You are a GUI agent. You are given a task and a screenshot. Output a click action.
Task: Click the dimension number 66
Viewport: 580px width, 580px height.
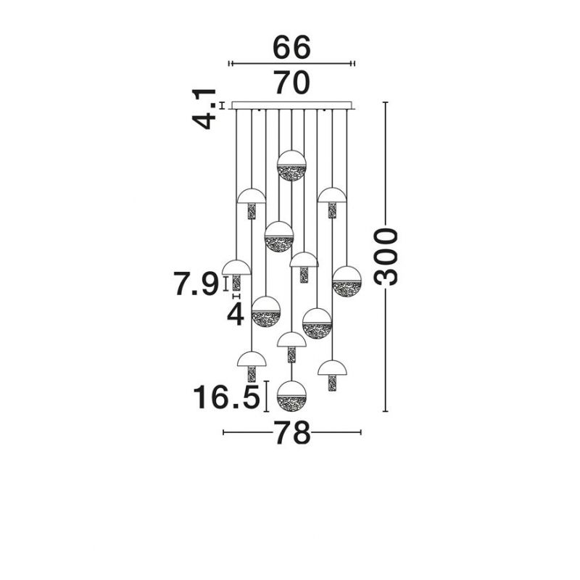(291, 48)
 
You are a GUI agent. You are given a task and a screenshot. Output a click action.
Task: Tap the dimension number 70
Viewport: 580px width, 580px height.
(291, 83)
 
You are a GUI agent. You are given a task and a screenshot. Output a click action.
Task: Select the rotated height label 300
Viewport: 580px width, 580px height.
(386, 257)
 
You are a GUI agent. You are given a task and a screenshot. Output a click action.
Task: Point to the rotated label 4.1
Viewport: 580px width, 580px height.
(204, 109)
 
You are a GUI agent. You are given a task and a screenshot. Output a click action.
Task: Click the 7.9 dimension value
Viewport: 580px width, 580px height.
(196, 283)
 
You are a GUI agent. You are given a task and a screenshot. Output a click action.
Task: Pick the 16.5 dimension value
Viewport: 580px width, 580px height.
(226, 397)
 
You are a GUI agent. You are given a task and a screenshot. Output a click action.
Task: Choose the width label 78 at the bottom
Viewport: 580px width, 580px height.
(292, 432)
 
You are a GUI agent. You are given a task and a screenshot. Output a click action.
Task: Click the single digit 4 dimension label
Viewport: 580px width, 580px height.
(236, 315)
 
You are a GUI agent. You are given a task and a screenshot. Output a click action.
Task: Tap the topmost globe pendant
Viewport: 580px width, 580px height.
(292, 165)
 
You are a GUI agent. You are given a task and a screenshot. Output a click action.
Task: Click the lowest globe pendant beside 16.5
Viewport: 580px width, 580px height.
(292, 396)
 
